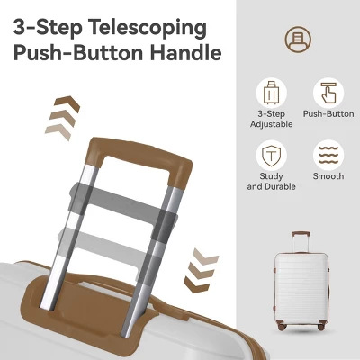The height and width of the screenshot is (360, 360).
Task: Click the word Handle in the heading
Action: click(x=186, y=53)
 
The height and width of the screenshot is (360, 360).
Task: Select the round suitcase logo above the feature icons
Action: click(x=298, y=40)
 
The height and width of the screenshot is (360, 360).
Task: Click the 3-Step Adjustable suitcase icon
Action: click(x=272, y=93)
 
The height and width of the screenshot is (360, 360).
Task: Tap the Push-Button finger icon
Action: click(x=328, y=93)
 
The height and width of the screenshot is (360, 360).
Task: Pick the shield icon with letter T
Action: click(x=272, y=156)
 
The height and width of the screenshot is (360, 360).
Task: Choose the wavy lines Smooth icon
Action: click(x=328, y=156)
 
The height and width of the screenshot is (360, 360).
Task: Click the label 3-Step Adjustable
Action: click(x=272, y=119)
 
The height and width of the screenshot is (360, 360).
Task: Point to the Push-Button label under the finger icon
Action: click(x=328, y=114)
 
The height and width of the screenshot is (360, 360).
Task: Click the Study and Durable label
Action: click(x=272, y=182)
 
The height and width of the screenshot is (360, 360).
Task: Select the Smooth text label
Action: click(x=328, y=176)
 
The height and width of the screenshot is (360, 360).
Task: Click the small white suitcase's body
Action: click(x=301, y=289)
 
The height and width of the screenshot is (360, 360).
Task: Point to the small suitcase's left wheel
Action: click(x=282, y=326)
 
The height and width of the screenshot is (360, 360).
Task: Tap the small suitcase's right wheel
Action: click(x=321, y=326)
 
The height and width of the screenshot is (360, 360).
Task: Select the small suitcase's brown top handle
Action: click(x=301, y=233)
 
